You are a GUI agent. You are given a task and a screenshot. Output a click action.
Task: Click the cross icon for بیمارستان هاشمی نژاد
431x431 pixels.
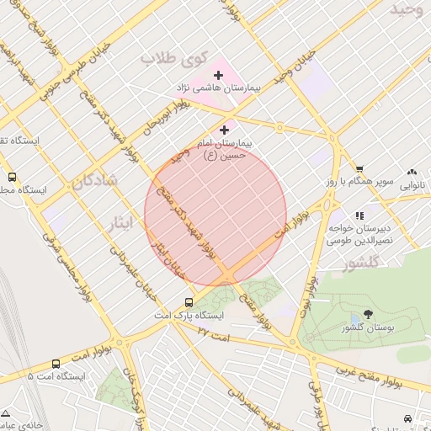pyautogui.click(x=218, y=76)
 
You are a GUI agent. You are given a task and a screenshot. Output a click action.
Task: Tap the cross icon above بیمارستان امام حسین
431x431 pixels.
pyautogui.click(x=224, y=130)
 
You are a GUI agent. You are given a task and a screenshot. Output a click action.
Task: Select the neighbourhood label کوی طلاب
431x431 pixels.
pyautogui.click(x=173, y=58)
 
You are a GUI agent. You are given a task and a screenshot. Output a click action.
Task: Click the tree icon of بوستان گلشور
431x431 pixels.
pyautogui.click(x=367, y=314)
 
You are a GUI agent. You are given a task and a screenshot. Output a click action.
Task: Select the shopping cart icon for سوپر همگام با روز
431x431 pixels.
pyautogui.click(x=359, y=168)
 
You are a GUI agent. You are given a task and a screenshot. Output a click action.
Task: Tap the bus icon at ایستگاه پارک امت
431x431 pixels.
pyautogui.click(x=189, y=302)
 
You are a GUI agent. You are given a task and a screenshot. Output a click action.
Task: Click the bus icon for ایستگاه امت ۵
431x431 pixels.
pyautogui.click(x=56, y=364)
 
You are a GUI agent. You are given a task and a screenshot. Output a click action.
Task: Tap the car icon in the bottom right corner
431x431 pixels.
pyautogui.click(x=408, y=418)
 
